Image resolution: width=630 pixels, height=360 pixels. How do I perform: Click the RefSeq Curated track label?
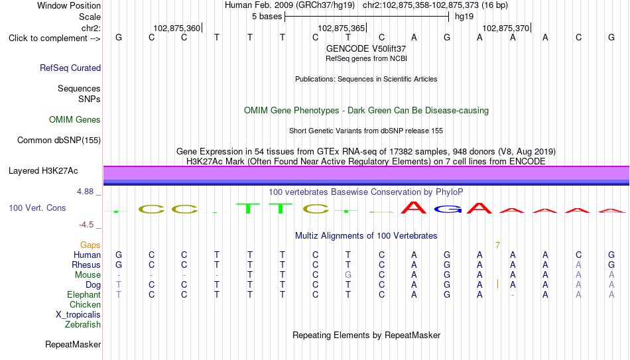[70, 68]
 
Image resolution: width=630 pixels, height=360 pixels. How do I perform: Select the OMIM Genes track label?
[75, 120]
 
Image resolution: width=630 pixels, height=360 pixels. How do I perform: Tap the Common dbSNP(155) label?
[59, 141]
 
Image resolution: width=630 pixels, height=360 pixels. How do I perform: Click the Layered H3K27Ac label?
[43, 171]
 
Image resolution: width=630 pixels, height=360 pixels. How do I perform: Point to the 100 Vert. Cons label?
[37, 208]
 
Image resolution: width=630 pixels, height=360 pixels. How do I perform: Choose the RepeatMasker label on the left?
[73, 344]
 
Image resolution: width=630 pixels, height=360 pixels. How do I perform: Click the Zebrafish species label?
[83, 324]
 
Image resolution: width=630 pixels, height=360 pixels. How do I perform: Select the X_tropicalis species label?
[78, 315]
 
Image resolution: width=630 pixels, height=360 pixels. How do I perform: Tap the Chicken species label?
[85, 304]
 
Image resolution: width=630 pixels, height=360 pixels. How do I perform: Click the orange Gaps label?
[90, 245]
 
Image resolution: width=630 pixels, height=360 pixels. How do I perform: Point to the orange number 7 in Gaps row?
[498, 245]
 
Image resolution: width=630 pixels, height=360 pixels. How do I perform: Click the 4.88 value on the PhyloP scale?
[85, 192]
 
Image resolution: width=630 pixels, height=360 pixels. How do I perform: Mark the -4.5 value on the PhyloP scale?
[86, 225]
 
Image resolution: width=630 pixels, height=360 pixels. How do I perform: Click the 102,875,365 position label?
[341, 28]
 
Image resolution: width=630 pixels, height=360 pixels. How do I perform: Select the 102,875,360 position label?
[177, 28]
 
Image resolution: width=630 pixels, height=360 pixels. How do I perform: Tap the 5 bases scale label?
[267, 17]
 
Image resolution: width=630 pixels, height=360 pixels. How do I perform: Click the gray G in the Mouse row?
[348, 275]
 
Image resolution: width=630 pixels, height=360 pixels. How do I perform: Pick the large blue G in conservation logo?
[447, 209]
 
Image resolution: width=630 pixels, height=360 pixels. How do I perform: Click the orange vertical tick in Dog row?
[498, 284]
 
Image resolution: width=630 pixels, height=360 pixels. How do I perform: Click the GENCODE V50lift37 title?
[366, 48]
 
